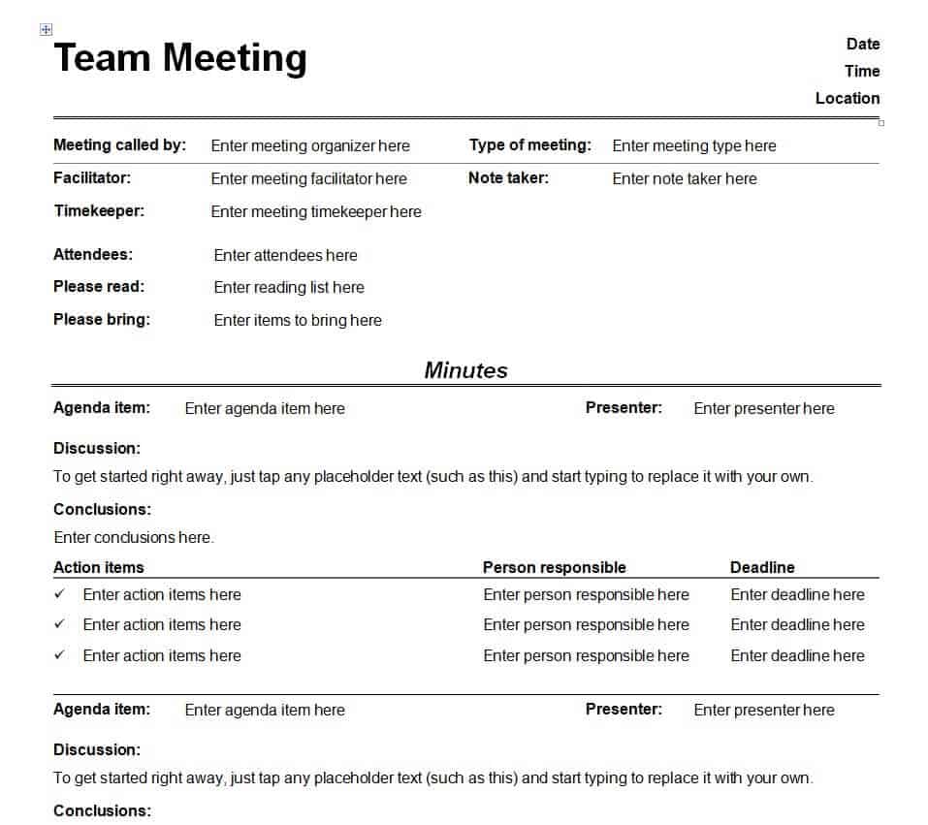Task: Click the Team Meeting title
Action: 180,58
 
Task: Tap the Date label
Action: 862,44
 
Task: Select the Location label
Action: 847,98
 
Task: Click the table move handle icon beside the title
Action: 46,30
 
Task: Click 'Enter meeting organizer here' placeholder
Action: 310,146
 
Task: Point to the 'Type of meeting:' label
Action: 529,145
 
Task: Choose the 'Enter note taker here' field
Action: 684,178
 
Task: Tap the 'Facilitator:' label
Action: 92,178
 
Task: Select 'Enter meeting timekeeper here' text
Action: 316,211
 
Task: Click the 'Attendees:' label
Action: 93,255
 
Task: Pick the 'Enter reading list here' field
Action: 289,287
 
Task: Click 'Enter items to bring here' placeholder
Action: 298,320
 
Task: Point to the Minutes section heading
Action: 465,370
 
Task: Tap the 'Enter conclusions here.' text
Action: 134,537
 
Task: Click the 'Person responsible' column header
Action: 554,568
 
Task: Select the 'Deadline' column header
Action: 762,568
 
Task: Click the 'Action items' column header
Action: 99,568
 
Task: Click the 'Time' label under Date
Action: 861,71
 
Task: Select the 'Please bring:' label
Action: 102,319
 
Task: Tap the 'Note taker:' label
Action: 508,178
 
